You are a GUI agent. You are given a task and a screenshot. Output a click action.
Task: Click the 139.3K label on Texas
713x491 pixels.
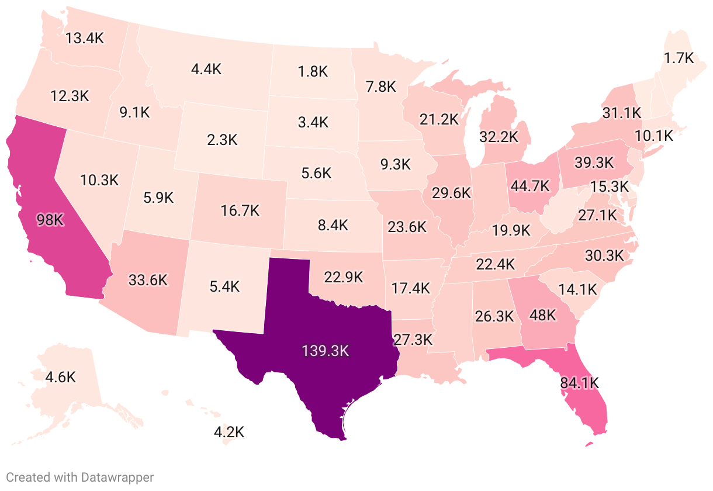[x=325, y=351]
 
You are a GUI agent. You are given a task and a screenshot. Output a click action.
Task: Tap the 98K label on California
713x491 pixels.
[x=50, y=220]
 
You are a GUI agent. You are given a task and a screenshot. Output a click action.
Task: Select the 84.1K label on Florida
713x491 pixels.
[x=580, y=383]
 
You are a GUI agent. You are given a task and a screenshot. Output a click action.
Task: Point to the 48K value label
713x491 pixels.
[x=542, y=315]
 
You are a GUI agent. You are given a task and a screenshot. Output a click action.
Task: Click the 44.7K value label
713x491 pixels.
[x=530, y=186]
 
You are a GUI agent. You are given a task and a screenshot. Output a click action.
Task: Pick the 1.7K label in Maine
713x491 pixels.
[x=679, y=58]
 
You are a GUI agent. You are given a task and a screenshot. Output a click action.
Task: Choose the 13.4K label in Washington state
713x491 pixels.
[x=85, y=39]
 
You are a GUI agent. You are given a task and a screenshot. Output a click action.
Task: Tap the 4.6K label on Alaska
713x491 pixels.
[x=61, y=376]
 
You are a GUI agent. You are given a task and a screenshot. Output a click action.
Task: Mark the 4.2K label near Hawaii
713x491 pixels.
[x=229, y=433]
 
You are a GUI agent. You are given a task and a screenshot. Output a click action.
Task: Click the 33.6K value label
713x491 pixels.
[x=148, y=280]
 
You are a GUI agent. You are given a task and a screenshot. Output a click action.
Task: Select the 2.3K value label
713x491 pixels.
[x=223, y=140]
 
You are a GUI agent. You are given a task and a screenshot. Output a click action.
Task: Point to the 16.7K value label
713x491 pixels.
[x=240, y=210]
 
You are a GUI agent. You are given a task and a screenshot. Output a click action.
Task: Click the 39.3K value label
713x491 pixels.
[x=594, y=161]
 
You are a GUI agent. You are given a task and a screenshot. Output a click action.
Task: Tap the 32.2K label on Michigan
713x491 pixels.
[x=499, y=137]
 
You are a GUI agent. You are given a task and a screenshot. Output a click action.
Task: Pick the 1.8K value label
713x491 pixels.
[x=313, y=71]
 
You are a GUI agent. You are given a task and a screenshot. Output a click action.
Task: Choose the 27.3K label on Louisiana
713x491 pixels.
[x=413, y=340]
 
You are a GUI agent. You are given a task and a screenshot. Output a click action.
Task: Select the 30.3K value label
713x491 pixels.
[x=604, y=255]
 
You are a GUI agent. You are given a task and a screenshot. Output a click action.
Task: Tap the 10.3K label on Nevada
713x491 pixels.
[x=99, y=180]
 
